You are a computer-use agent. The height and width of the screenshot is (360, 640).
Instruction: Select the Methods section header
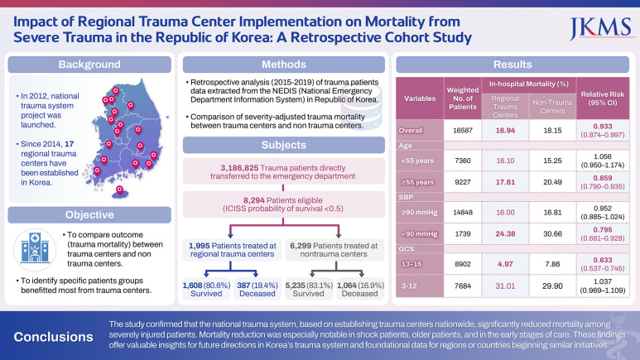(284, 65)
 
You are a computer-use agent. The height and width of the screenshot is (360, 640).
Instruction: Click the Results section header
(512, 65)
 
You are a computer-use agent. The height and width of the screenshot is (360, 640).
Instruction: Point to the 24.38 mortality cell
(505, 232)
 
